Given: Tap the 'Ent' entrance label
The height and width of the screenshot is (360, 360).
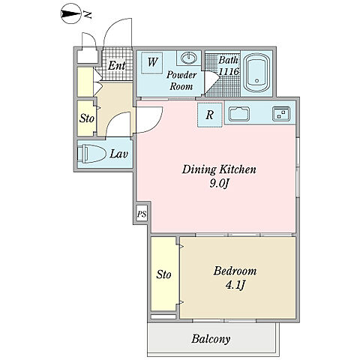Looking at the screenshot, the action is click(116, 66).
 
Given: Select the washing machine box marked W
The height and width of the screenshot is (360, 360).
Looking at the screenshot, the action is click(151, 62).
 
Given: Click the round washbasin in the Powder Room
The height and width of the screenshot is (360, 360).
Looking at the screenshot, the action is click(189, 58).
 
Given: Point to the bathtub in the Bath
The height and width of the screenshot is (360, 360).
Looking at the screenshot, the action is click(256, 73).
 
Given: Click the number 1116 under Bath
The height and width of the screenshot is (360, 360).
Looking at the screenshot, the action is click(229, 72).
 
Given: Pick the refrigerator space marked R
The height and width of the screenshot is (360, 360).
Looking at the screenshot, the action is click(210, 115).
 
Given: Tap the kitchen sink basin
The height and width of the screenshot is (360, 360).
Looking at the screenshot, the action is click(239, 114).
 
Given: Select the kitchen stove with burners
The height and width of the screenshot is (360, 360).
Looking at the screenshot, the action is click(281, 114).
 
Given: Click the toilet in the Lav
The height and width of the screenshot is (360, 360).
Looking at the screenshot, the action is click(91, 154).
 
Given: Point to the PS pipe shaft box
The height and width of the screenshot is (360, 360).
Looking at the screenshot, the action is click(142, 214).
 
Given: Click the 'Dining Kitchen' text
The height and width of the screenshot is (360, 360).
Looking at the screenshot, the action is click(219, 169).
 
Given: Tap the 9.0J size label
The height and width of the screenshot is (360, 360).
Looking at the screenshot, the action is click(219, 184).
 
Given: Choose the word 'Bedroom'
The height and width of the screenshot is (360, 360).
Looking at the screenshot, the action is click(235, 271).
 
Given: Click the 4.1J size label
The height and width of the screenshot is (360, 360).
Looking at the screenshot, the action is click(235, 285).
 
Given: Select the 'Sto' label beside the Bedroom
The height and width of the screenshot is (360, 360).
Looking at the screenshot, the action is click(163, 274).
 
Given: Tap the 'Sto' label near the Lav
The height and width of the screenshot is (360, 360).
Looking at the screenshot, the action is click(87, 118).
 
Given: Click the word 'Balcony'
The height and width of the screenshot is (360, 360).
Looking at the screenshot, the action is click(211, 339).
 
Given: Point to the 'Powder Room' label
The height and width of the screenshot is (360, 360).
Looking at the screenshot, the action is click(181, 80).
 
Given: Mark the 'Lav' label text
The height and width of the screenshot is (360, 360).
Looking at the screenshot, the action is click(119, 154).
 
